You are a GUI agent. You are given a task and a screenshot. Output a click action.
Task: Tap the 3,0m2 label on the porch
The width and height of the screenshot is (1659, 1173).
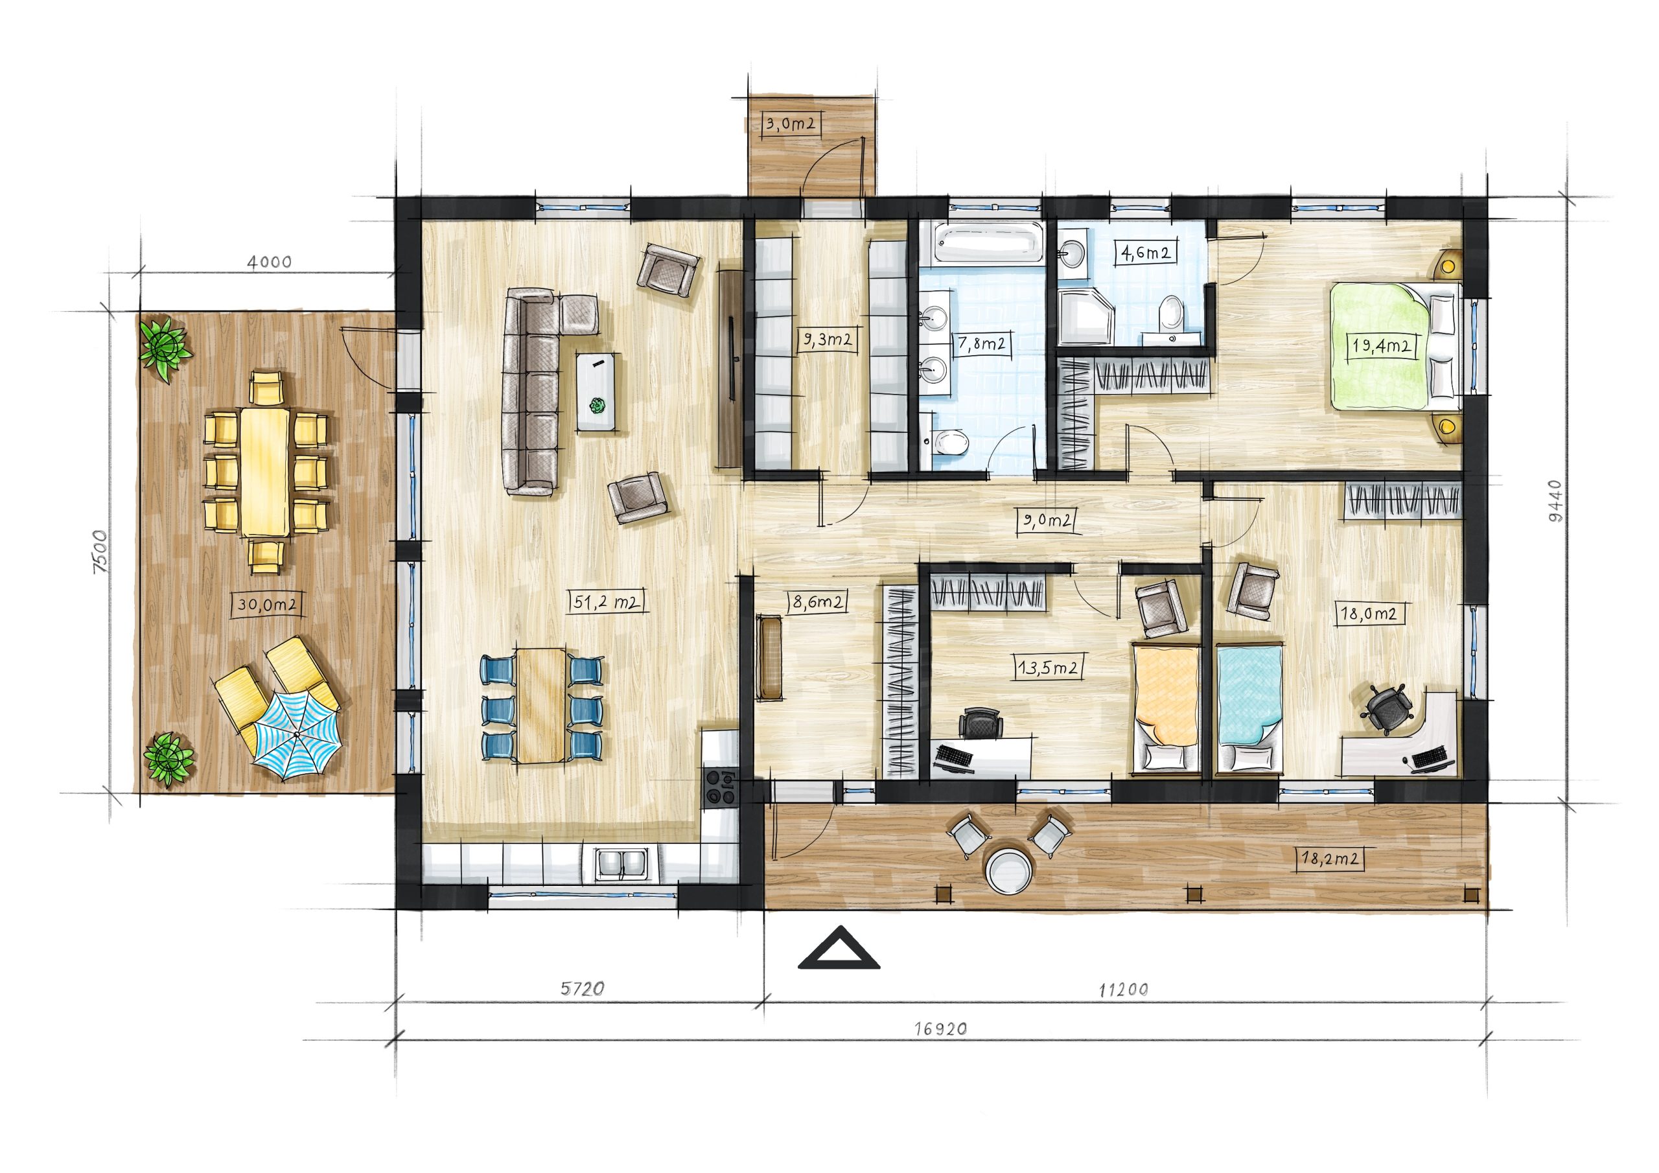point(791,124)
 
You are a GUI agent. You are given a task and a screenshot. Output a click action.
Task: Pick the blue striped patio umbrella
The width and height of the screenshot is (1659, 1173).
point(296,735)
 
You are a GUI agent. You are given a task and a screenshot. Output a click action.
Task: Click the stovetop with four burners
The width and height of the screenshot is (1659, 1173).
point(721,787)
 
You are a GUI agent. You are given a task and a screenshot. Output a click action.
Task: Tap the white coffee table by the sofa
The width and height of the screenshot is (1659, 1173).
point(599,391)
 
